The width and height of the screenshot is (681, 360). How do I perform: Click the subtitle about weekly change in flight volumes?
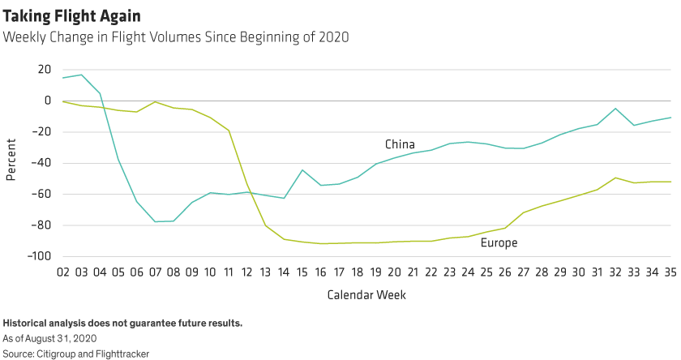(x=177, y=37)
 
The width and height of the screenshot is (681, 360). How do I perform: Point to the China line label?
(x=400, y=144)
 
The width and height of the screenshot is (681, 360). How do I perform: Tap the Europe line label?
(x=499, y=242)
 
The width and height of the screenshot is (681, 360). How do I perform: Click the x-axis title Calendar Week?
(x=366, y=295)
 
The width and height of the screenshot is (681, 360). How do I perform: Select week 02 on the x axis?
(x=62, y=273)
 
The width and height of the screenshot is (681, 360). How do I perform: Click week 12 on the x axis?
(x=246, y=273)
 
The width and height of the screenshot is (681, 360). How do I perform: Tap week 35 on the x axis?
(x=670, y=273)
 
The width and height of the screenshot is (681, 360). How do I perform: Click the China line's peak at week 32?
(x=616, y=109)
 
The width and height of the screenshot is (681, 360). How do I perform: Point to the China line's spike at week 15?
(x=302, y=169)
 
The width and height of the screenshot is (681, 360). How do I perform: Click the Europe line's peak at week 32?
(x=616, y=178)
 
